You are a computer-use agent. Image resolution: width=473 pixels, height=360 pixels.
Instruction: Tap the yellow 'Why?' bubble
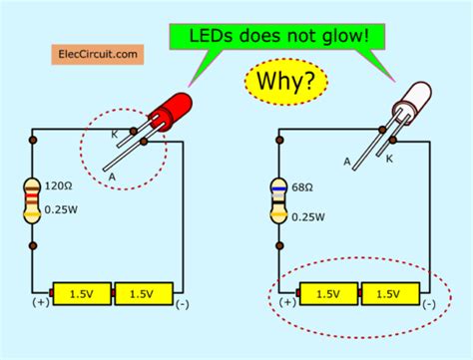pos(282,80)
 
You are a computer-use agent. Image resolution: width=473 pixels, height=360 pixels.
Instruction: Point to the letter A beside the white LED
pos(347,162)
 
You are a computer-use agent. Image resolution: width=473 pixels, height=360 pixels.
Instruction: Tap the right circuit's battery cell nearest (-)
pos(384,293)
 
